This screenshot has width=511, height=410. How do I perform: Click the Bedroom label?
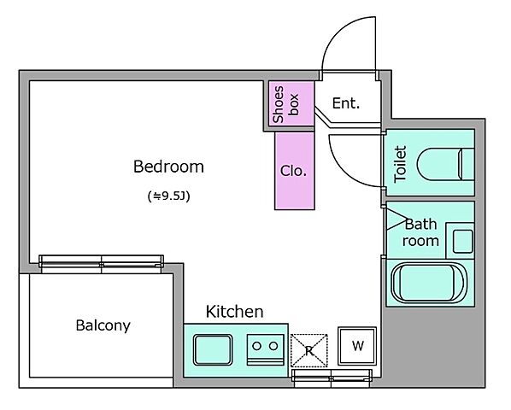coord(168,167)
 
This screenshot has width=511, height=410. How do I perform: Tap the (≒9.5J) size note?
coord(168,196)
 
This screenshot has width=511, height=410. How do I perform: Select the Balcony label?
coord(103,325)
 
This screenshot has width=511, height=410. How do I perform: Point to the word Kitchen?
coord(234,312)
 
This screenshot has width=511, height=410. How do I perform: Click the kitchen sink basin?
coord(213,349)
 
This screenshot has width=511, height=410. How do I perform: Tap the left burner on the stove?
coord(257,346)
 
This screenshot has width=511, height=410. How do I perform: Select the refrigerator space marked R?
coord(308,350)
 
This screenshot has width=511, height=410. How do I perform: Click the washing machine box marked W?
coord(357,346)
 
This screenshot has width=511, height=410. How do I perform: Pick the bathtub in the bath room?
coord(429,283)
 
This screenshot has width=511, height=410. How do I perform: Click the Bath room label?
coord(420,232)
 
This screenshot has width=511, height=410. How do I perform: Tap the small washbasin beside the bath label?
coord(463,242)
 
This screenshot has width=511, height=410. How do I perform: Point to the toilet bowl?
coord(445,165)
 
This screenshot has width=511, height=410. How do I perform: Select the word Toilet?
coord(400,164)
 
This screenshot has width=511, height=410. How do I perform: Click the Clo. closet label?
coord(293,171)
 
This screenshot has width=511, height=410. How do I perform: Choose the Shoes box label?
coord(285,104)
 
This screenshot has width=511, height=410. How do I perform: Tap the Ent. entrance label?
coord(346,103)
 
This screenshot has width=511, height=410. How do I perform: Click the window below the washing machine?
coord(332,378)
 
